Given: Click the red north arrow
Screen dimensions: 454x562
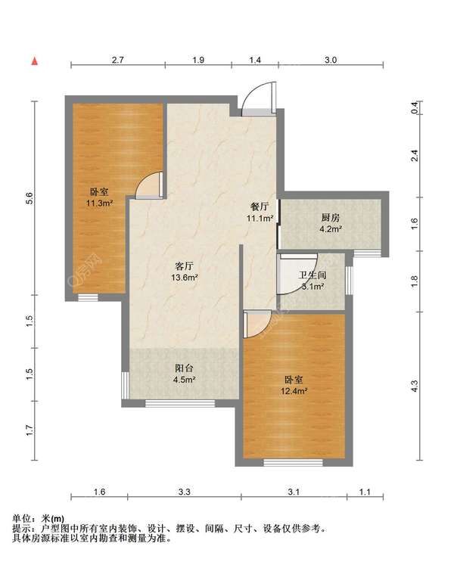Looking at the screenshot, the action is click(34, 61).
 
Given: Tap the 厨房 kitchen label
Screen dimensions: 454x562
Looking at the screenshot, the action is click(330, 218).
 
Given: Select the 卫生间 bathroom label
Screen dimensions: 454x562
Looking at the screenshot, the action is click(313, 275).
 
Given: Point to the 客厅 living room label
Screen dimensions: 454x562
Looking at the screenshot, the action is click(185, 266).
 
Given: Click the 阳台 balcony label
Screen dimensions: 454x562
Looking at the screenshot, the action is click(185, 368).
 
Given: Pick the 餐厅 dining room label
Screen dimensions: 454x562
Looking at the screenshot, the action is click(260, 206).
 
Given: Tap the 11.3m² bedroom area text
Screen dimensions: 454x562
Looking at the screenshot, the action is click(99, 203).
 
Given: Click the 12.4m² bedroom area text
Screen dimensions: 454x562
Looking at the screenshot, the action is click(294, 391).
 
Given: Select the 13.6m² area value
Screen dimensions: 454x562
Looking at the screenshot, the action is click(185, 277).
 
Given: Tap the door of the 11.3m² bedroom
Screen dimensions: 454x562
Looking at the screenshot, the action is click(149, 185).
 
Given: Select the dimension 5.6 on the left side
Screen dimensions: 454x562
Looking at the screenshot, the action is click(30, 198).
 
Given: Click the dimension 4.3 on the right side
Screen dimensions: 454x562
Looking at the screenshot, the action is click(415, 386).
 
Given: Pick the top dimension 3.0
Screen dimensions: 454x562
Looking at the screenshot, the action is click(331, 60).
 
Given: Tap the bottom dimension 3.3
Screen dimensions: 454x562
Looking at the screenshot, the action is click(185, 492).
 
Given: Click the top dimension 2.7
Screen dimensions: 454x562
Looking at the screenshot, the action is click(117, 60).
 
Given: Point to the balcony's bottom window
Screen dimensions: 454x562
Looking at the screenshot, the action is click(180, 404).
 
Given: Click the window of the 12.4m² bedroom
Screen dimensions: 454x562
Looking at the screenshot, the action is click(294, 463).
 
